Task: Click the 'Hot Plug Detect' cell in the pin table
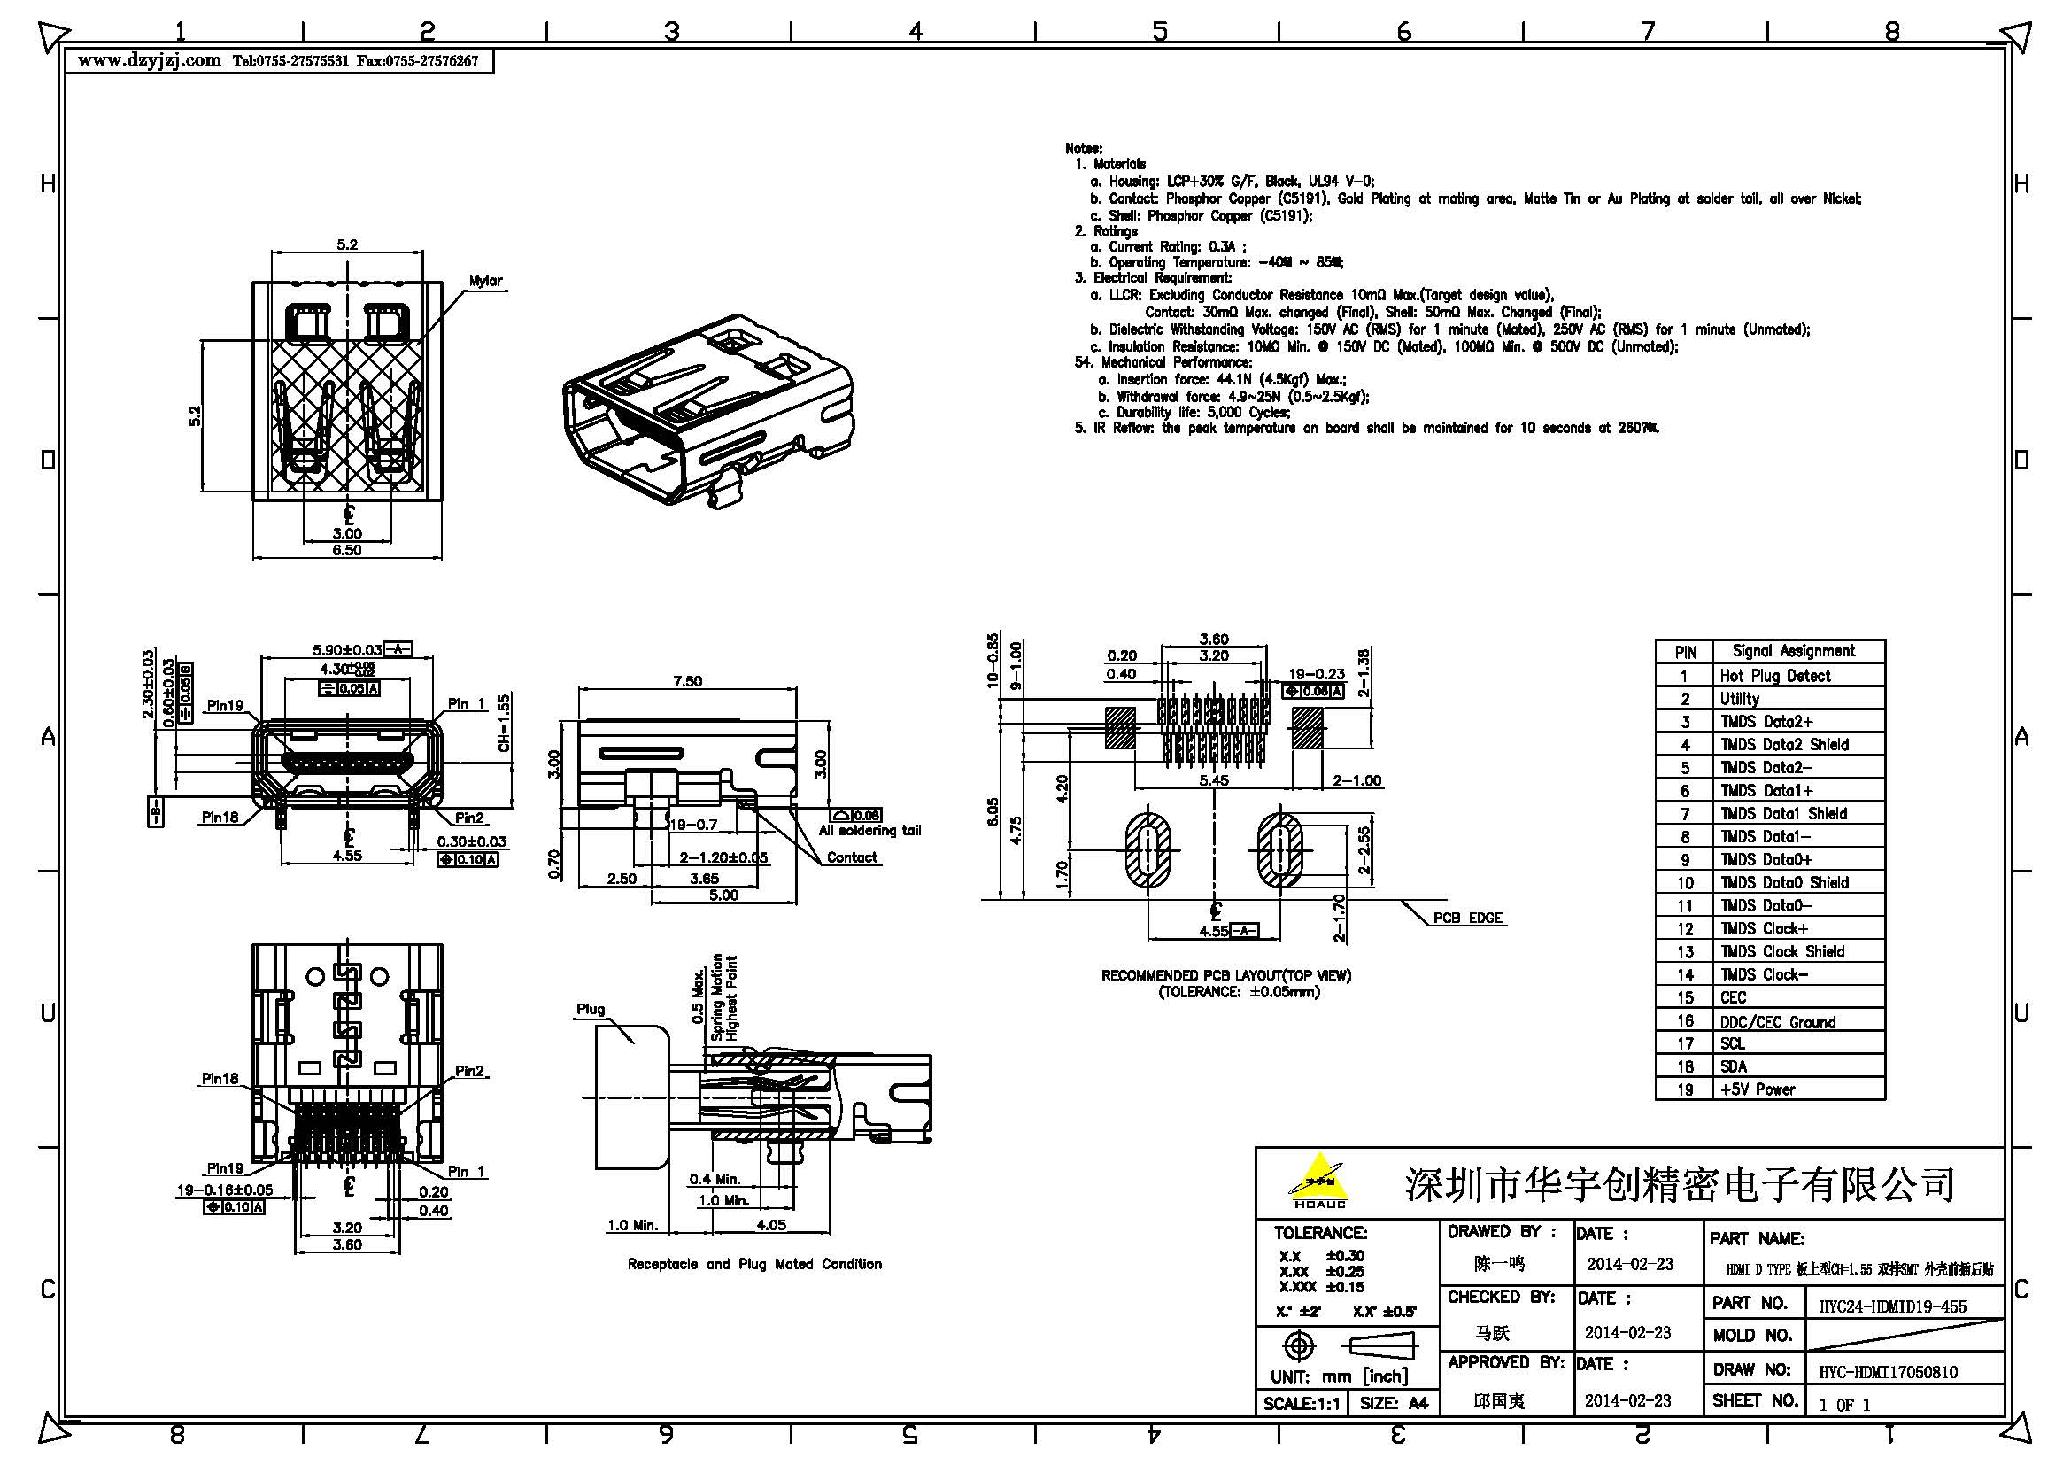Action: tap(1774, 676)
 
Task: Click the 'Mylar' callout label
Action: tap(485, 282)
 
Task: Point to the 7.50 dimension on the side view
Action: tap(686, 681)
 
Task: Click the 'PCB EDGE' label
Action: tap(1466, 919)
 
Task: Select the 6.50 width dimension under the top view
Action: tap(347, 550)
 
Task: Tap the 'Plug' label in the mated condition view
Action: tap(591, 1010)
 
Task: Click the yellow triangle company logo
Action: tap(1318, 1178)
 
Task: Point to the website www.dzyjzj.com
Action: tap(150, 61)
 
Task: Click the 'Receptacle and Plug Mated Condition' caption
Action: tap(754, 1265)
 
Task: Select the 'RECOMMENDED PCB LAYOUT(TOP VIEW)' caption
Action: tap(1225, 976)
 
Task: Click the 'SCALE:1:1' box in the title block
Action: tap(1300, 1404)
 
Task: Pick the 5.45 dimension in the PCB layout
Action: tap(1213, 780)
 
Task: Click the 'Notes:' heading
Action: tap(1082, 149)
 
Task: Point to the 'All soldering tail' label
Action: tap(869, 831)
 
